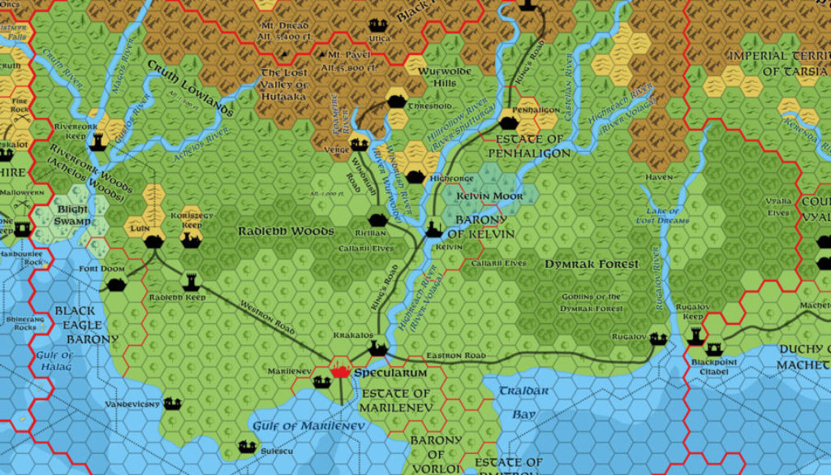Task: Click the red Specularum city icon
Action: coord(341,371)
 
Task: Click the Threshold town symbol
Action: coord(396,101)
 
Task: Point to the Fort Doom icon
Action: coord(116,284)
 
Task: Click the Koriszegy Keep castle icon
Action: coord(191,239)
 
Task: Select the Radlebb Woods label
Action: coord(285,231)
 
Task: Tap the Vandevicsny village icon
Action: coord(172,403)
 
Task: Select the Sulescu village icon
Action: coord(248,446)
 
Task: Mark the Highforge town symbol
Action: coord(415,176)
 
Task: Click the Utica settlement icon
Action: coord(377,25)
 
